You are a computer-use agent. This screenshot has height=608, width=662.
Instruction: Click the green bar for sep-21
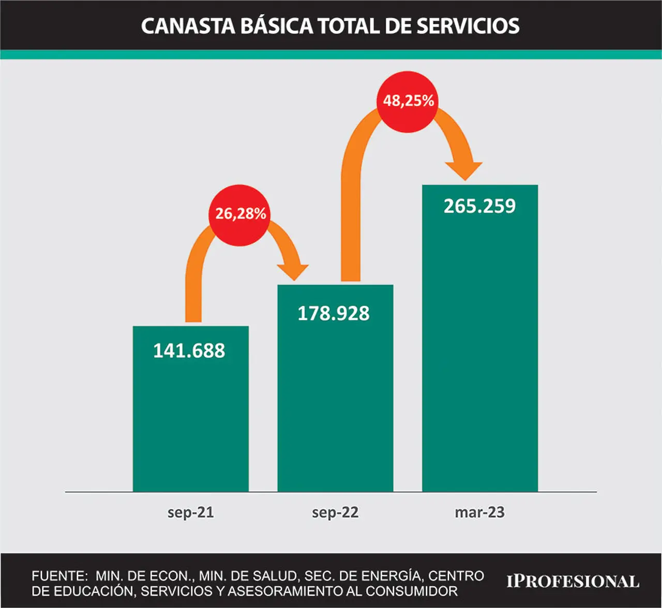coord(191,409)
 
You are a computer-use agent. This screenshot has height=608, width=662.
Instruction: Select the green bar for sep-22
coord(335,388)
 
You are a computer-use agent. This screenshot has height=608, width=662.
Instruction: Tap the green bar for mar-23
coord(480,338)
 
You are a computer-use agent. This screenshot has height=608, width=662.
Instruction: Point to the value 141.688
coord(189,350)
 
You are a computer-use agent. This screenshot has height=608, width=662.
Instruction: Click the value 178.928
coord(334,313)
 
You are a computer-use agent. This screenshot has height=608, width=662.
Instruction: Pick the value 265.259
coord(479,206)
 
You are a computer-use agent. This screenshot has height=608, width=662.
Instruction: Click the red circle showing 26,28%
coord(239,215)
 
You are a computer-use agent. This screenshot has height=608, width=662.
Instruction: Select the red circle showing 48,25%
coord(408,102)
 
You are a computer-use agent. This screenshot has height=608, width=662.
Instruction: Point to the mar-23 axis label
coord(480,512)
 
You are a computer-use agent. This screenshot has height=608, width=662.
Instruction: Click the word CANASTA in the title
coord(188,26)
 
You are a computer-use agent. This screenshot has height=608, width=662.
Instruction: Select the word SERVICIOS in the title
coord(468,26)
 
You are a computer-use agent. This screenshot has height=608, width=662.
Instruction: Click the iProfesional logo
coord(573,581)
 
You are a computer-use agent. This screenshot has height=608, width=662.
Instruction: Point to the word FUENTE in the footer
coord(59,576)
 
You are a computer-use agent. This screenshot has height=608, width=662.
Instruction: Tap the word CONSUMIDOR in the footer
coord(412,591)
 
